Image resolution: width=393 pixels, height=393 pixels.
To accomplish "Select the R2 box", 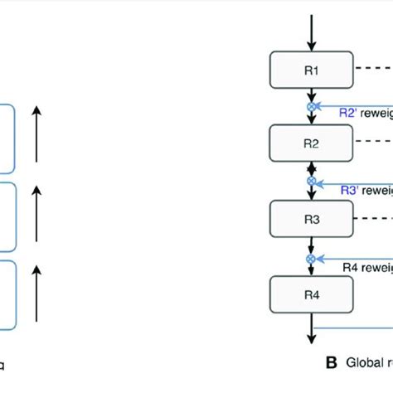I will click(311, 143).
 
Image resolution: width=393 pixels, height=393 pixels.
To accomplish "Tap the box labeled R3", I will click(311, 219).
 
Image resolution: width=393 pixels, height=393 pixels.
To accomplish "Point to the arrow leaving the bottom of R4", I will click(311, 327).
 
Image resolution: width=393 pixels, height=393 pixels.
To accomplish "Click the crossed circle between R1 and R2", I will click(311, 107).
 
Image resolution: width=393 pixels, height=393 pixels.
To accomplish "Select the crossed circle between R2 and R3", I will click(311, 180).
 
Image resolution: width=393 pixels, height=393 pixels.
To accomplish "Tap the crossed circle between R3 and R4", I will click(311, 258).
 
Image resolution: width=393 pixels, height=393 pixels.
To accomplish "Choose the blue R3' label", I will click(352, 190).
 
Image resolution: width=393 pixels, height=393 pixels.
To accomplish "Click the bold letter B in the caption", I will click(331, 362).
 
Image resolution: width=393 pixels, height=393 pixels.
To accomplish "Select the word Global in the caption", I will click(361, 362).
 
